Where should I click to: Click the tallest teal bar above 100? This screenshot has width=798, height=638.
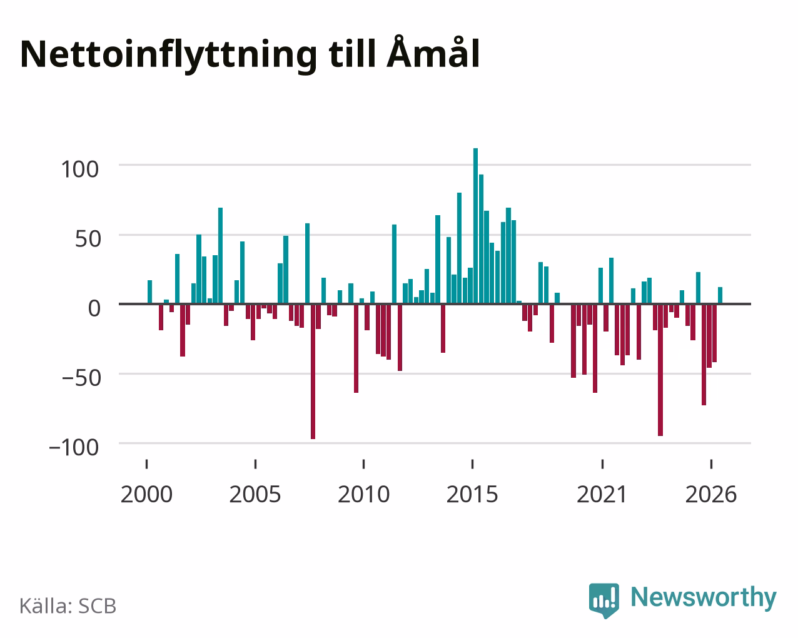tap(475, 226)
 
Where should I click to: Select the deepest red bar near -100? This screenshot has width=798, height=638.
tap(313, 372)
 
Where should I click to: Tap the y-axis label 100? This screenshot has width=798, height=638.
tap(79, 170)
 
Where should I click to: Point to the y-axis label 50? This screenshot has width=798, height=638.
tap(88, 239)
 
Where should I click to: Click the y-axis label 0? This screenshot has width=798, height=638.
tap(94, 308)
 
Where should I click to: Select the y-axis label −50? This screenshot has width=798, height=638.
tap(81, 378)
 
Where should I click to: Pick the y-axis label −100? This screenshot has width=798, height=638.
tap(74, 447)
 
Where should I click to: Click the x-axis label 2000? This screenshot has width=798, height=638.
tap(146, 494)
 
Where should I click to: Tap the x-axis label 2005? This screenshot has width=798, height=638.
tap(255, 494)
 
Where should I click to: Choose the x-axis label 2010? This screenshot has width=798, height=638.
tap(363, 494)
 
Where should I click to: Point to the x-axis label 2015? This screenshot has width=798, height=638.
tap(472, 494)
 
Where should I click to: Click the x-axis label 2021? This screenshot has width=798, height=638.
tap(602, 494)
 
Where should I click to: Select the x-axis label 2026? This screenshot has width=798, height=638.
tap(711, 494)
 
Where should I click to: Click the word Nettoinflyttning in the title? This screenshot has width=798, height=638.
tap(169, 55)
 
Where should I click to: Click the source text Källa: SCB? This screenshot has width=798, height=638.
tap(68, 606)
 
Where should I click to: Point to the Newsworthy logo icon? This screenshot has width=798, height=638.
tap(604, 600)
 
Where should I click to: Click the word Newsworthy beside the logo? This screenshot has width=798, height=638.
tap(704, 598)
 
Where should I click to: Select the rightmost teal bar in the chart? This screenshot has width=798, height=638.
tap(720, 295)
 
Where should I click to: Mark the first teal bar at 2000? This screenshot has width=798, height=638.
tap(150, 292)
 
